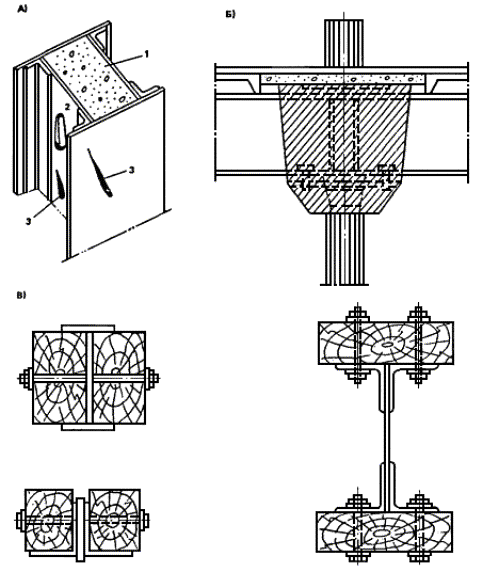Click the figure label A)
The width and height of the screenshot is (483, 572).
pos(22,10)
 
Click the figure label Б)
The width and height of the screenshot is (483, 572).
pos(231,15)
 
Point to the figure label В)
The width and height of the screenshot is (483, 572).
pos(22,295)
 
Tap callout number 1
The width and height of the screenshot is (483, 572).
pos(147,54)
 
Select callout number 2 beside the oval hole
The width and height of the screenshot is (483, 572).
pos(67,107)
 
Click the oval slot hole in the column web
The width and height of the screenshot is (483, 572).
pos(60,131)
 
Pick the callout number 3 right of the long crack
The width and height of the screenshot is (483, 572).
pos(131,170)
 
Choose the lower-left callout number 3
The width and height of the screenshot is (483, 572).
pos(29,221)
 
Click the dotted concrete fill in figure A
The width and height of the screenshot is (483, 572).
pos(91,78)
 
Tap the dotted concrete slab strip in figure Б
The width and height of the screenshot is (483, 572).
pos(343,79)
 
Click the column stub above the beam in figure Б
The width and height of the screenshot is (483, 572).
pos(344,43)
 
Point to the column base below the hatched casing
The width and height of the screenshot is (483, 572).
pos(344,249)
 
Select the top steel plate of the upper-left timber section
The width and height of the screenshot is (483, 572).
pos(88,328)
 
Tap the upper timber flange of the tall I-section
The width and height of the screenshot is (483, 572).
pos(386,343)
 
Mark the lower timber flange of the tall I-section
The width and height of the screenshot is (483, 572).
pos(384,531)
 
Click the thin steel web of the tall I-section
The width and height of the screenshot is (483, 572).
pos(387,438)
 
